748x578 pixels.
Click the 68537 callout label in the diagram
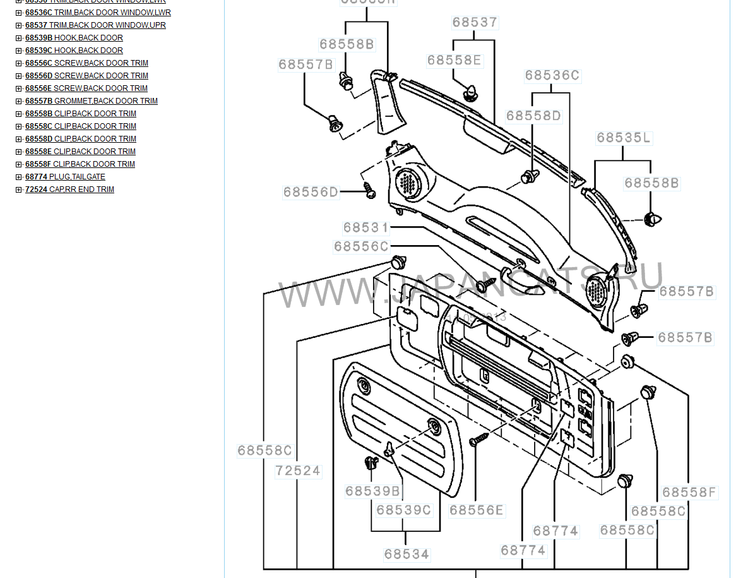[x=475, y=23]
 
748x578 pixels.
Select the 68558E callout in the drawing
[x=454, y=60]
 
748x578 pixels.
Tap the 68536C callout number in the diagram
[x=552, y=76]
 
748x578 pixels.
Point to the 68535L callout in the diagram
[x=623, y=138]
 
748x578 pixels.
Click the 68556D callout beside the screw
[x=310, y=192]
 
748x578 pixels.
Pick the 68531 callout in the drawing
[x=366, y=227]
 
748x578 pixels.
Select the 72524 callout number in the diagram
[x=298, y=471]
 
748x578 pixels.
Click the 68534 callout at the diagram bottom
[x=407, y=554]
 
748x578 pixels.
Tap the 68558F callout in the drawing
[x=689, y=492]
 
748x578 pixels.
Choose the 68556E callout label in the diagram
[x=477, y=510]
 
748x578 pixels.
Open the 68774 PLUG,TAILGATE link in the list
[x=65, y=177]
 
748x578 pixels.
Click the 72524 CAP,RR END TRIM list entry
[x=69, y=190]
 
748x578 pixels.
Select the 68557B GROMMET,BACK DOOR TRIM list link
[x=91, y=101]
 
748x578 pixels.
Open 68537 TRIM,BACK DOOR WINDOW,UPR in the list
[x=95, y=25]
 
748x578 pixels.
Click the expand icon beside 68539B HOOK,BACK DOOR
[x=19, y=38]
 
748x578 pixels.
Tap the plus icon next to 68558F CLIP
[x=19, y=164]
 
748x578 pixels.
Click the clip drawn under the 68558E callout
[x=470, y=93]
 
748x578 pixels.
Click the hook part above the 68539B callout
[x=371, y=465]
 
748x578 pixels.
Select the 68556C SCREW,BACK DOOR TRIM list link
[x=86, y=63]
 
